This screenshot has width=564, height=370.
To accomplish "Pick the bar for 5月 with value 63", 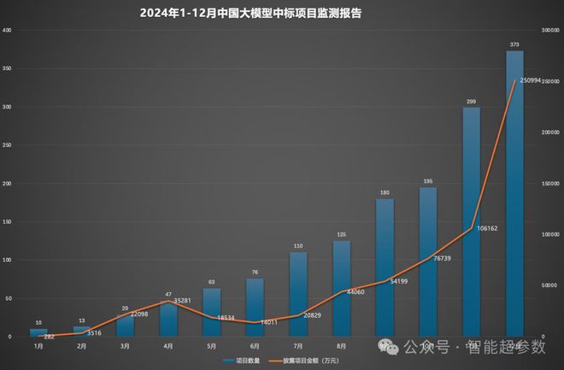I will pyautogui.click(x=211, y=311).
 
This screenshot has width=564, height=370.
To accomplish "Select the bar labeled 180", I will pyautogui.click(x=385, y=266).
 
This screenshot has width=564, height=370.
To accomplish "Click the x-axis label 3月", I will pyautogui.click(x=125, y=346).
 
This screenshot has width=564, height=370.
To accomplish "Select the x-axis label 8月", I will pyautogui.click(x=341, y=346).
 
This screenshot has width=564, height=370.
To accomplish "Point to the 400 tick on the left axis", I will pyautogui.click(x=8, y=31).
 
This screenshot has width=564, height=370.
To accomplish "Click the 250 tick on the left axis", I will pyautogui.click(x=8, y=145).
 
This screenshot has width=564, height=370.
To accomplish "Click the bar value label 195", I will pyautogui.click(x=427, y=181).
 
